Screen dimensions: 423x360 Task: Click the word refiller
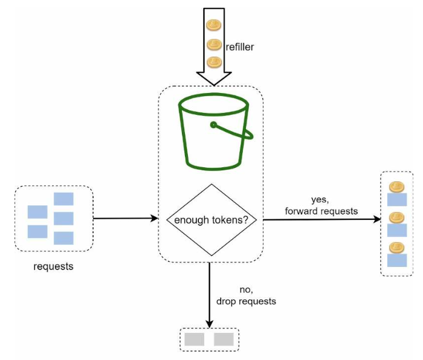point(239,47)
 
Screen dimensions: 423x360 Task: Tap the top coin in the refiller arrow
point(214,25)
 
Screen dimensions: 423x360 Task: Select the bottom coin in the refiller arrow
point(214,62)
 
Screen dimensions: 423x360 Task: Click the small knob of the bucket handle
point(213,125)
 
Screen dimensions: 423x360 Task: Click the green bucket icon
point(215,132)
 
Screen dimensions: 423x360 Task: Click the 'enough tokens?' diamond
point(211,220)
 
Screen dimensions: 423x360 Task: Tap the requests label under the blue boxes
point(53,266)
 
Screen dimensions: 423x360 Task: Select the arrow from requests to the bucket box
point(126,218)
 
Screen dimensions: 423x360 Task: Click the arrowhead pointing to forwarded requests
point(376,219)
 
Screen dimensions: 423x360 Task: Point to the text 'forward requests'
point(321,211)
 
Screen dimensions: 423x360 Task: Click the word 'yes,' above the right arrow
point(320,199)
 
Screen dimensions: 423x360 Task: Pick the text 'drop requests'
point(246,301)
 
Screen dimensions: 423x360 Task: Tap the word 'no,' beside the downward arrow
point(247,289)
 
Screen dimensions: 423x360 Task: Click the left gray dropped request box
point(194,339)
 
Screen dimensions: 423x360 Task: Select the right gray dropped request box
point(224,339)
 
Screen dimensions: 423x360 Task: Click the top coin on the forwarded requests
point(396,187)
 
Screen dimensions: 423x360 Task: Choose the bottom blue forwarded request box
point(397,260)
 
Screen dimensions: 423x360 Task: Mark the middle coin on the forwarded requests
point(396,217)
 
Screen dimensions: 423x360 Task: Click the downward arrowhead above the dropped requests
point(210,324)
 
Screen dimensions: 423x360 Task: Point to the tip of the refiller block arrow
point(214,85)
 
